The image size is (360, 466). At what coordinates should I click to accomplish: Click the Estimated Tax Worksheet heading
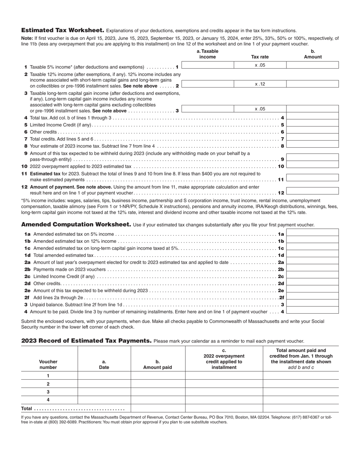(63, 30)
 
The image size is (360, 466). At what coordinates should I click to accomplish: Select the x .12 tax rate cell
(260, 84)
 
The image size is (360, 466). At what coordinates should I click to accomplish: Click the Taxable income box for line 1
(208, 65)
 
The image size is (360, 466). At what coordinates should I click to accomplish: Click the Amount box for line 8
(312, 146)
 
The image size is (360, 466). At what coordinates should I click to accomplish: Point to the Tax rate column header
(260, 57)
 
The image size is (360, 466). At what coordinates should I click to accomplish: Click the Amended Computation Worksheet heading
(76, 225)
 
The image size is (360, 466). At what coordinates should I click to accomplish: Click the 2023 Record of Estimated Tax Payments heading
(86, 341)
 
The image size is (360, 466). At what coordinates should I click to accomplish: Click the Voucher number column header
(48, 364)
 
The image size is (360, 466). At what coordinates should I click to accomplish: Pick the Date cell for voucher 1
(104, 376)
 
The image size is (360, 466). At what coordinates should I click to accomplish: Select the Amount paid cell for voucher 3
(158, 392)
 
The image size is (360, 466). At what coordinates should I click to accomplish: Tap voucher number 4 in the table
(48, 400)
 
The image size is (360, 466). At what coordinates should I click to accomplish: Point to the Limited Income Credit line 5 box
(312, 125)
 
